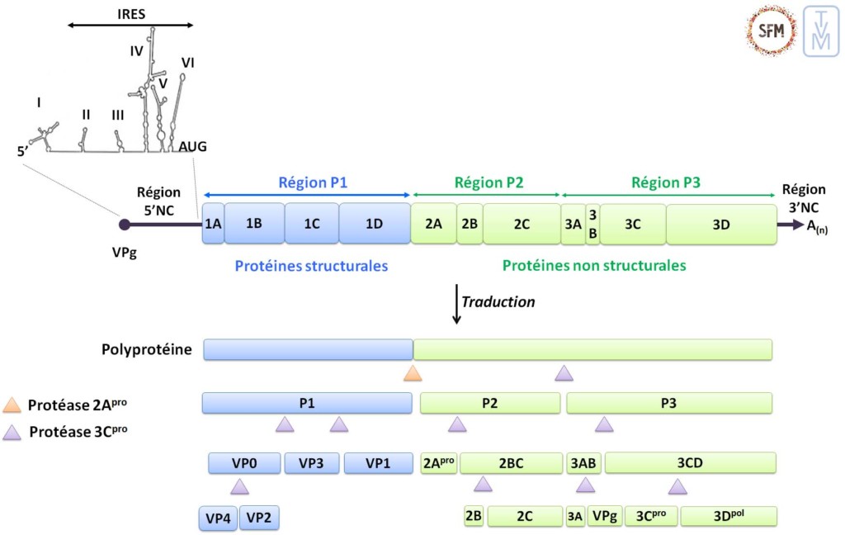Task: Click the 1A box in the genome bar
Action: pyautogui.click(x=213, y=224)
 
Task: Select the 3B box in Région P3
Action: pyautogui.click(x=592, y=224)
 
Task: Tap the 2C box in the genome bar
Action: pyautogui.click(x=521, y=224)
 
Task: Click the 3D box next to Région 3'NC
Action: pyautogui.click(x=720, y=224)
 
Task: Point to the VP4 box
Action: pyautogui.click(x=218, y=518)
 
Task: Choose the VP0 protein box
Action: pyautogui.click(x=244, y=463)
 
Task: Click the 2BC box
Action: pyautogui.click(x=511, y=463)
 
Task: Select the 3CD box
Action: pyautogui.click(x=690, y=463)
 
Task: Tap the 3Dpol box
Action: pyautogui.click(x=729, y=517)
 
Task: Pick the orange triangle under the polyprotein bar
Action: pyautogui.click(x=413, y=373)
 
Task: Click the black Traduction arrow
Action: pyautogui.click(x=456, y=304)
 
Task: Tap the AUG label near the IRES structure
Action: pyautogui.click(x=192, y=146)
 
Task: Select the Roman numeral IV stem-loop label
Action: pyautogui.click(x=137, y=51)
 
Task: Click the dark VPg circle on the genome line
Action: pyautogui.click(x=125, y=224)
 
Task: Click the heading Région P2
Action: pyautogui.click(x=489, y=182)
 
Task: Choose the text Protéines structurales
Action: pyautogui.click(x=311, y=266)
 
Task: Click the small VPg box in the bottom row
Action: pyautogui.click(x=605, y=517)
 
